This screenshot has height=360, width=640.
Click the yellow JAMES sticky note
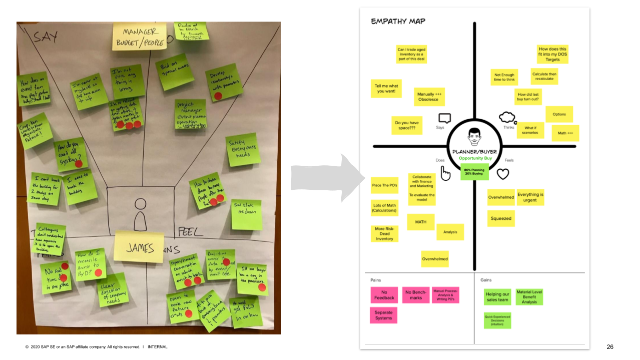139,247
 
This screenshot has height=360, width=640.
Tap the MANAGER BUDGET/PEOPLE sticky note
140,37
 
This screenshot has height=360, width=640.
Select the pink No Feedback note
384,295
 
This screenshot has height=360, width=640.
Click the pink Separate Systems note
383,315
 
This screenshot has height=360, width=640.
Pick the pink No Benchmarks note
415,295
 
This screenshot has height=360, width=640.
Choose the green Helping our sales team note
497,297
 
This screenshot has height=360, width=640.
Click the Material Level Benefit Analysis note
529,296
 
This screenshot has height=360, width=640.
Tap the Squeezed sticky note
501,218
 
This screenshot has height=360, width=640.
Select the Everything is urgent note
530,197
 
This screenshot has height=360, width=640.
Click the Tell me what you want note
386,89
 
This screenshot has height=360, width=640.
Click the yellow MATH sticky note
421,222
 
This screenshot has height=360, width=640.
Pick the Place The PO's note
384,185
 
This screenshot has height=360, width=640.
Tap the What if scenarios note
530,130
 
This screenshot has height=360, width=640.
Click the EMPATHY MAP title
398,22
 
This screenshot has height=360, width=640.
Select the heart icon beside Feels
502,174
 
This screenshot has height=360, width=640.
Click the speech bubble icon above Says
444,118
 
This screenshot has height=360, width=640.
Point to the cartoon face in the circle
474,135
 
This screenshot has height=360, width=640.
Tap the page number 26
609,347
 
